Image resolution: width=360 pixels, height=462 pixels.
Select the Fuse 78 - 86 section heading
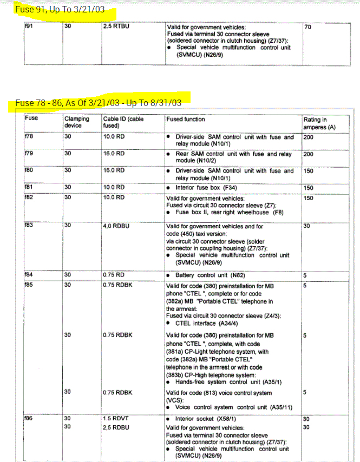coord(98,103)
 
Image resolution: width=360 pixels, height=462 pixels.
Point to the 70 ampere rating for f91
coord(308,26)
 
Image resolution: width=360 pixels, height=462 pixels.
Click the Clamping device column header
coord(76,122)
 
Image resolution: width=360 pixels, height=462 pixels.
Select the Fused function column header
coord(186,119)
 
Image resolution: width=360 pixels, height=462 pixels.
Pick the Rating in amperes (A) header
coord(316,123)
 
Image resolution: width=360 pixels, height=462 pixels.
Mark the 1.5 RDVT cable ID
coord(114,419)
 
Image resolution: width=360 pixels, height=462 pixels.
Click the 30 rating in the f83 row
coord(307,226)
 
